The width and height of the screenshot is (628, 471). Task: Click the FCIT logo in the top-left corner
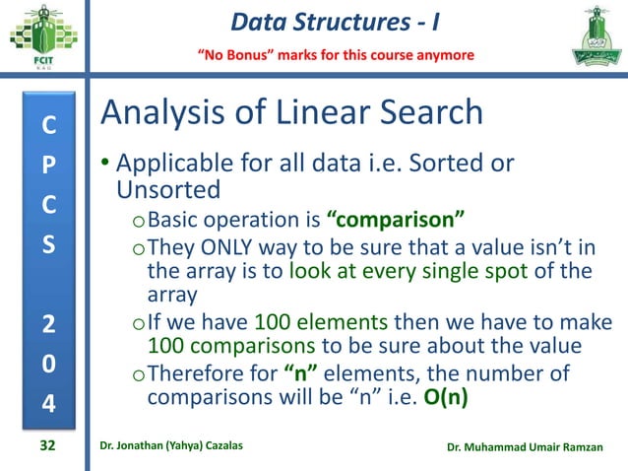(40, 39)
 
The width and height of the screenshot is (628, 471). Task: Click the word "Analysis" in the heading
(173, 113)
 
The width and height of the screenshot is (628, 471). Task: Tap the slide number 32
(46, 446)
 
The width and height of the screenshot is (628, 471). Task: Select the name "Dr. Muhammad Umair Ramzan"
(530, 447)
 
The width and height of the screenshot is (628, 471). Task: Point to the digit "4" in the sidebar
(46, 404)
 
